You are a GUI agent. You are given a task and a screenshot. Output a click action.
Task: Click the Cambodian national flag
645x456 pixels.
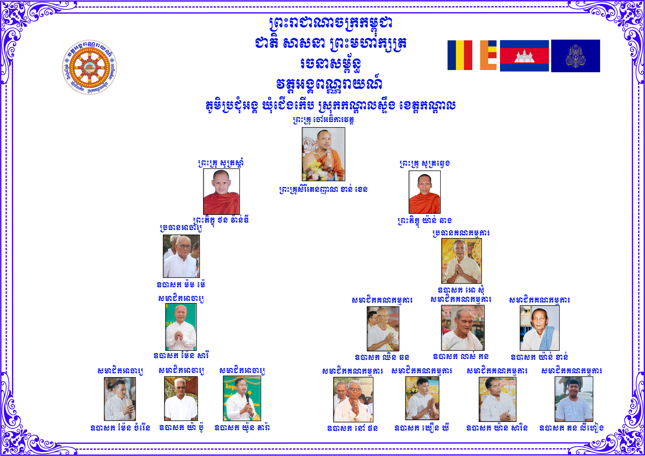524,56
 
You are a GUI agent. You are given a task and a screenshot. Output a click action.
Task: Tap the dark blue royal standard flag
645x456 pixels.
575,56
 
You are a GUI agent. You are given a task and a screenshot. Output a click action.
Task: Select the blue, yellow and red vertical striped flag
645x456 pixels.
460,55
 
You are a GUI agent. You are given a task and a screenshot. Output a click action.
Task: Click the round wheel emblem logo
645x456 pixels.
89,67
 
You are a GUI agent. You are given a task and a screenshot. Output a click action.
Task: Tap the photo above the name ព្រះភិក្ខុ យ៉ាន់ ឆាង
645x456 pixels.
425,192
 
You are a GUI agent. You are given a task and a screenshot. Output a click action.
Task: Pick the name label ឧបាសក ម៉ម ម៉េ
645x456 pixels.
181,285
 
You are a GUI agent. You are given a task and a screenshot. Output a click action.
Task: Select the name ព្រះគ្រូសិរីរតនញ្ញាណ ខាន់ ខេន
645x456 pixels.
323,189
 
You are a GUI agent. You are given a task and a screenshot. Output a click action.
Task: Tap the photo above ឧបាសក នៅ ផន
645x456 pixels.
353,399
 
